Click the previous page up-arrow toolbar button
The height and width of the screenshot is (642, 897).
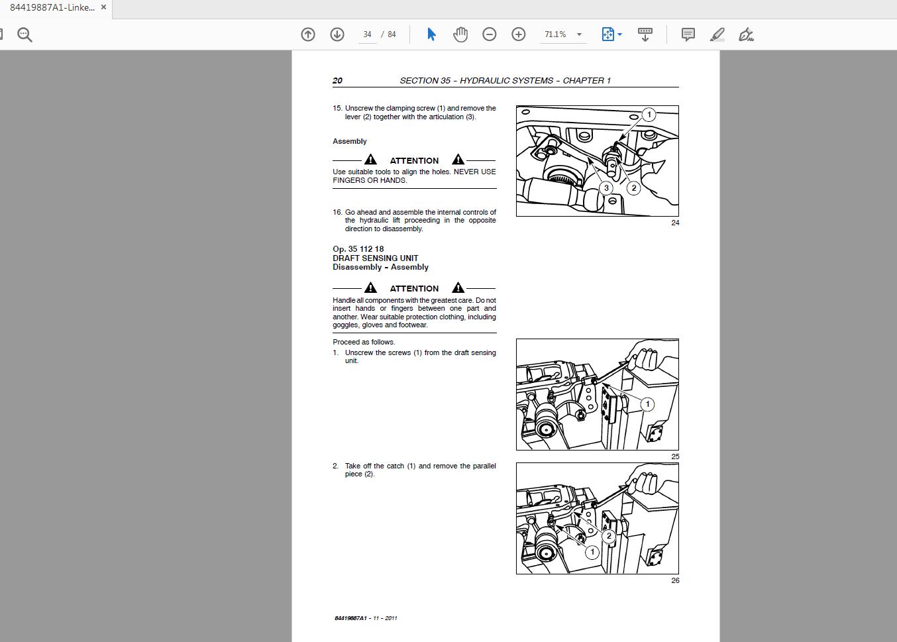tap(308, 34)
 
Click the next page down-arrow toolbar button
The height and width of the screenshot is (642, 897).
tap(337, 34)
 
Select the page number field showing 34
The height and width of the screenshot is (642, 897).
tap(367, 34)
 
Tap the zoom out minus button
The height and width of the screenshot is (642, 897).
tap(490, 34)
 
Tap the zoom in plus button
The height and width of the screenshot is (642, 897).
tap(519, 34)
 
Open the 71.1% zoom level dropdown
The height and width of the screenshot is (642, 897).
tap(579, 34)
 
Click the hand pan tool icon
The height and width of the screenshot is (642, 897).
tap(460, 34)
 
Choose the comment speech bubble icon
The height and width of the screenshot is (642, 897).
tap(688, 34)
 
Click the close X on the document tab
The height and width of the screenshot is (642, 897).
tap(103, 7)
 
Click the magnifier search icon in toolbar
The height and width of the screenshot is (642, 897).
tap(25, 34)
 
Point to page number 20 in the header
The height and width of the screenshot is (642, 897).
tap(337, 81)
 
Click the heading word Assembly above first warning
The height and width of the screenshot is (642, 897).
tap(349, 141)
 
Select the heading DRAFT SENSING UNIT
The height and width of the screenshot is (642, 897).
tap(375, 258)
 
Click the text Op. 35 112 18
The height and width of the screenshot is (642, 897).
tap(358, 249)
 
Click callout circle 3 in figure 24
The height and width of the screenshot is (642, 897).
tap(606, 188)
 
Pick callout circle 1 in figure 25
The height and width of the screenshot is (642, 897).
tap(647, 404)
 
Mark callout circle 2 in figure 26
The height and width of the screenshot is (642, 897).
tap(608, 536)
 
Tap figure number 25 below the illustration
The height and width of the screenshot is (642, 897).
tap(675, 456)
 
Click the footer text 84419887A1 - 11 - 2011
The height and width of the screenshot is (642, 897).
tap(366, 618)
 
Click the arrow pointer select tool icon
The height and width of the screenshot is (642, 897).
tap(431, 34)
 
